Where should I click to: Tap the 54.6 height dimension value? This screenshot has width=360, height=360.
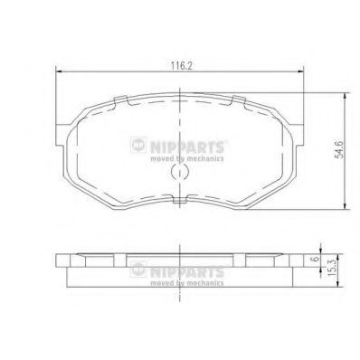click(340, 148)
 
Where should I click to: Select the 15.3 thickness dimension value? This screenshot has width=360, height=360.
click(332, 270)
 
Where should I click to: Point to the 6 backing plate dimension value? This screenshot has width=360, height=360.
click(316, 259)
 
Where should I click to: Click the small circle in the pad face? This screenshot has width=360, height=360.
click(180, 172)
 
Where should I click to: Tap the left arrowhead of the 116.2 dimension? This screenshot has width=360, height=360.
click(59, 71)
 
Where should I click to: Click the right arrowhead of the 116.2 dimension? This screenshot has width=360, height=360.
click(300, 71)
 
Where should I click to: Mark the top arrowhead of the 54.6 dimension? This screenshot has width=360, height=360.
click(345, 96)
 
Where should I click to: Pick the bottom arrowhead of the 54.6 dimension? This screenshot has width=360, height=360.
click(345, 206)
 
